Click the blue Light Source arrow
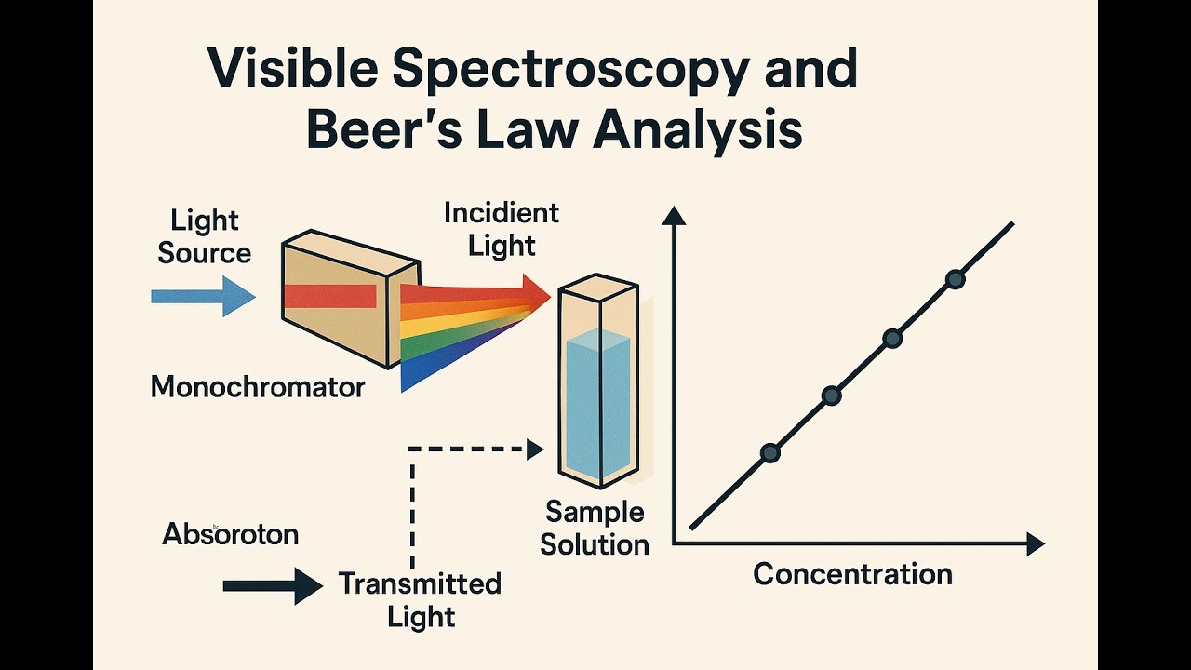[204, 296]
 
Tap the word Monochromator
[258, 386]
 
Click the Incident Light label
[502, 230]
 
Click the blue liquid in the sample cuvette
[597, 404]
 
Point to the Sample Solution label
[595, 528]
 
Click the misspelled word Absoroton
[230, 534]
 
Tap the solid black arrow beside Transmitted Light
[273, 586]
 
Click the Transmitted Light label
[420, 600]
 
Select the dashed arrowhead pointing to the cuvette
[535, 449]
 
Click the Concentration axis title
[852, 574]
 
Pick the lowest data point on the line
[770, 452]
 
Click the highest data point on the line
[956, 279]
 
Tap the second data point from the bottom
[832, 395]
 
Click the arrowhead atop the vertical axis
[674, 216]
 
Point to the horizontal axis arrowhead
[1036, 544]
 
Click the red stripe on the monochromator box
[330, 296]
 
